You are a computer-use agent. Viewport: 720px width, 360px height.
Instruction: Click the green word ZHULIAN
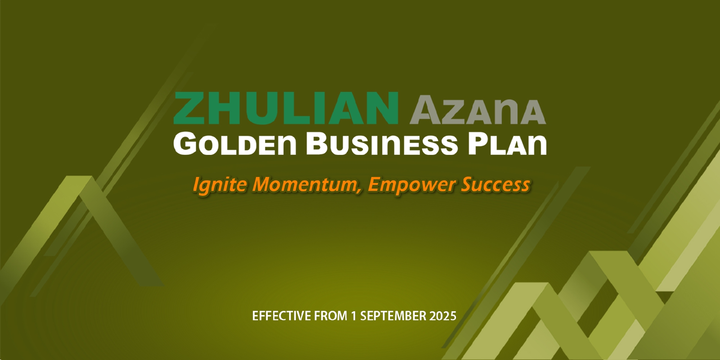pyautogui.click(x=286, y=108)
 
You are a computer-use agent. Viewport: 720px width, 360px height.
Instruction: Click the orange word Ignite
pyautogui.click(x=220, y=185)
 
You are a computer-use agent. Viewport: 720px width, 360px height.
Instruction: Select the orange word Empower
pyautogui.click(x=411, y=185)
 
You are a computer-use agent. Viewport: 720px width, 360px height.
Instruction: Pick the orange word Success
pyautogui.click(x=495, y=184)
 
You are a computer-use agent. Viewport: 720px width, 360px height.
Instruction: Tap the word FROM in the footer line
pyautogui.click(x=331, y=316)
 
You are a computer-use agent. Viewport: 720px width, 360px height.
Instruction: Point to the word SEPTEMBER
pyautogui.click(x=393, y=316)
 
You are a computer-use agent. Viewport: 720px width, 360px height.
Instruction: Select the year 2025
pyautogui.click(x=443, y=316)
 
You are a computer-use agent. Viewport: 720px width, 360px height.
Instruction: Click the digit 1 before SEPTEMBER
pyautogui.click(x=354, y=316)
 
